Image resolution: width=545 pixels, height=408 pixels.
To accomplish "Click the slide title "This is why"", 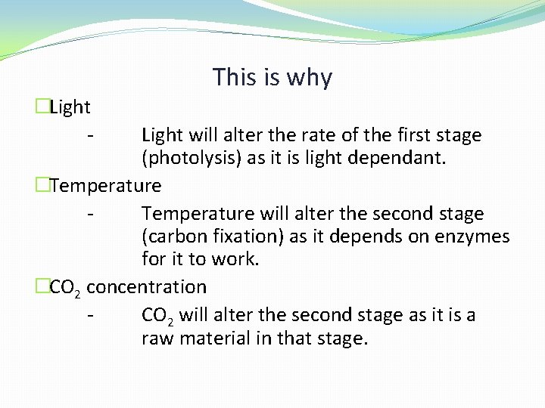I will click(x=272, y=77).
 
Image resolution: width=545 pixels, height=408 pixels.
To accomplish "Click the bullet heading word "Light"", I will click(x=70, y=107).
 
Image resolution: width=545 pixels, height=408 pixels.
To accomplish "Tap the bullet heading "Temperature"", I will click(x=105, y=185).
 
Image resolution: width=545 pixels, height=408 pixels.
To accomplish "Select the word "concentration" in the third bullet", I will click(x=151, y=287).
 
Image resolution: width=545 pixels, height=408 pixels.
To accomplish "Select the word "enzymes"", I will click(x=472, y=237).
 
